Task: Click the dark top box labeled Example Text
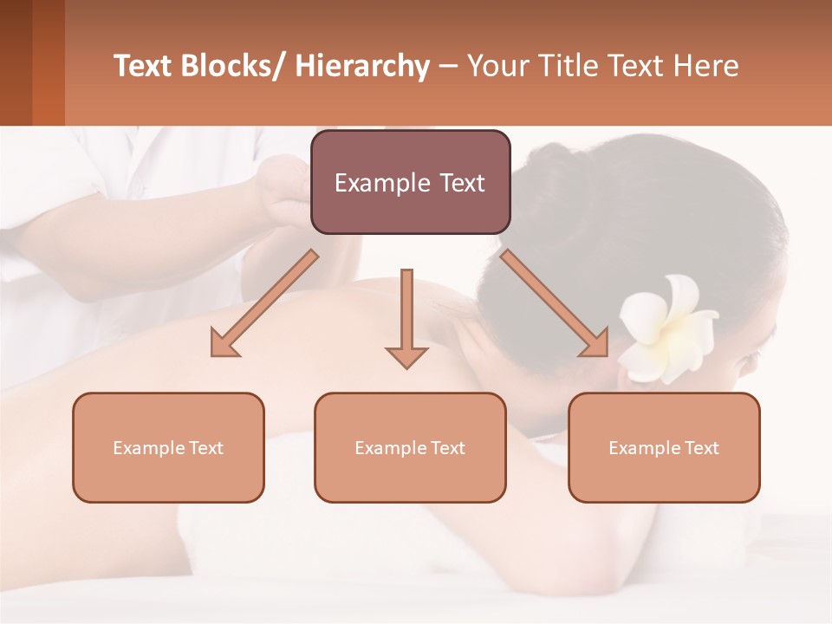coord(410,182)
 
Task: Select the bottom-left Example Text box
coord(168,447)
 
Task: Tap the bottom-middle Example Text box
coord(410,447)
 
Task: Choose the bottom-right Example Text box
coord(664,447)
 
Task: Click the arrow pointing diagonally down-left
coord(264,303)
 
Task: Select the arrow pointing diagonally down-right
coord(555,303)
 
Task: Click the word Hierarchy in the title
coord(362,66)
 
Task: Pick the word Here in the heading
coord(708,66)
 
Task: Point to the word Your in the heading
coord(497,66)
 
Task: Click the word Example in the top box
coord(375,183)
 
